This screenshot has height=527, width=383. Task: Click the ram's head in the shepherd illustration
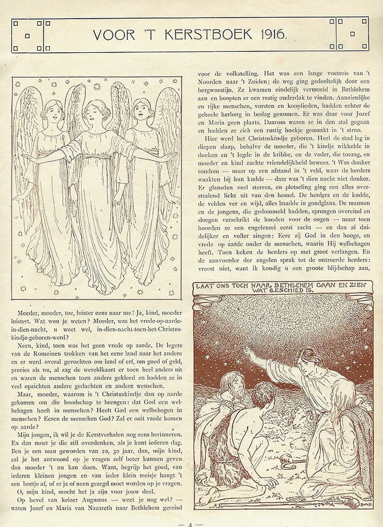pyautogui.click(x=300, y=417)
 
